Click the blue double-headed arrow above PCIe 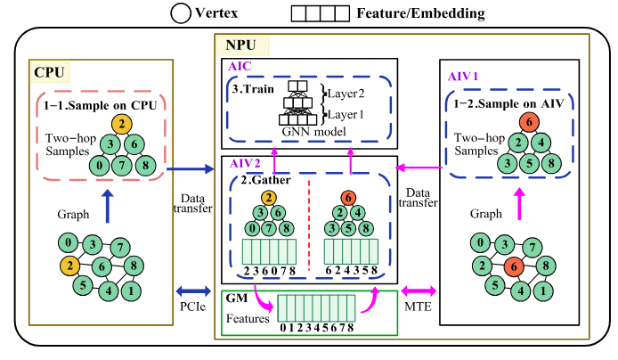tap(191, 290)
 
